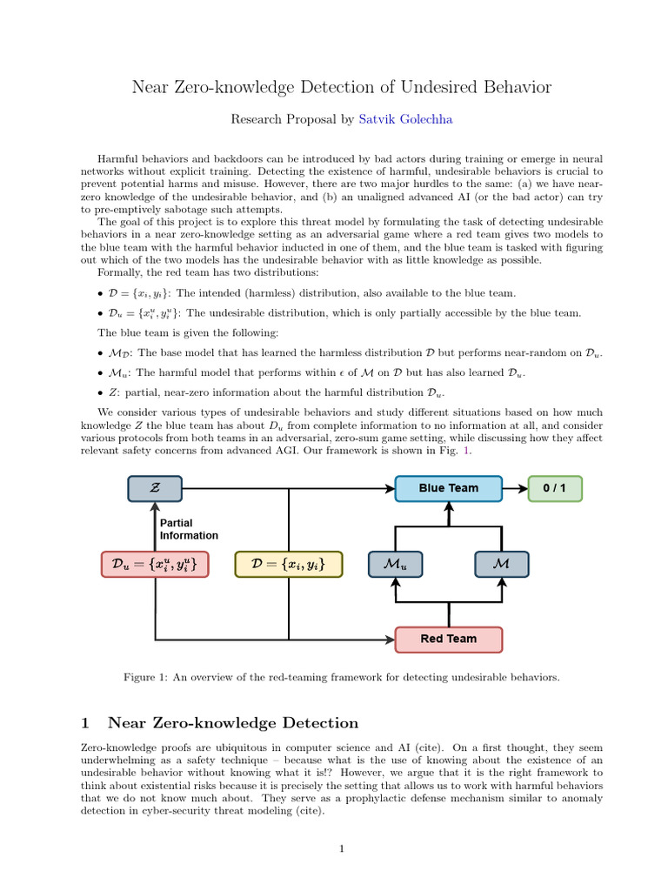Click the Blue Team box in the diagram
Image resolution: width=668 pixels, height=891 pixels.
[x=448, y=488]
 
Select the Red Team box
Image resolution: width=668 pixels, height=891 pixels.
[x=448, y=639]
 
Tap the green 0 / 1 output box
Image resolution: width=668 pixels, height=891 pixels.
[x=555, y=488]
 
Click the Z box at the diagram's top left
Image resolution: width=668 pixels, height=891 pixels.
[x=155, y=488]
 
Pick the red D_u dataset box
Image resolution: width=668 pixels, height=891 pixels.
[x=155, y=564]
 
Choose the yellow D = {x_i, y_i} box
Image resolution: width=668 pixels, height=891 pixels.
[x=289, y=564]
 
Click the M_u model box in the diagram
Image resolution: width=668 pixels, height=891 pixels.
[x=395, y=564]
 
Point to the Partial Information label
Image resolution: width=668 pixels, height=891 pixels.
[x=189, y=529]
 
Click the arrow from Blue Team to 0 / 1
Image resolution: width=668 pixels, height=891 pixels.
[x=515, y=488]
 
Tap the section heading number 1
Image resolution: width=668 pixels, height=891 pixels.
[x=85, y=723]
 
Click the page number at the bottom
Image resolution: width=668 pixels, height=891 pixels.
[x=343, y=849]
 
